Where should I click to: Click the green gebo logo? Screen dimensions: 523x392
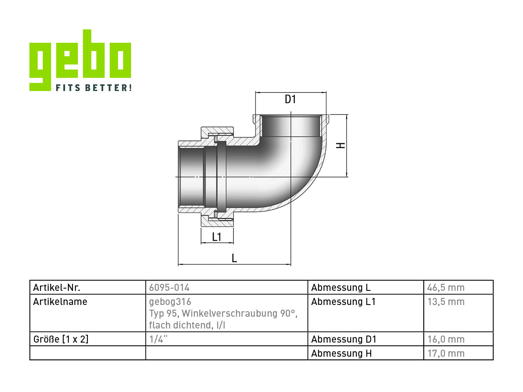(80, 60)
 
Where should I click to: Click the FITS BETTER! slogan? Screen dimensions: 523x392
(94, 87)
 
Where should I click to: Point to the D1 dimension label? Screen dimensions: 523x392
(290, 99)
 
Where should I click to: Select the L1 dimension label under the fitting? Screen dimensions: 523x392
(217, 237)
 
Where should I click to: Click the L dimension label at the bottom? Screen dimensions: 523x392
(235, 258)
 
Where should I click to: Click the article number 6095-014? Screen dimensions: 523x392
(169, 287)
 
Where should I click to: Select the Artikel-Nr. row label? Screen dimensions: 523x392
(57, 287)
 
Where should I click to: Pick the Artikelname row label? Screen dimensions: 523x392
(60, 301)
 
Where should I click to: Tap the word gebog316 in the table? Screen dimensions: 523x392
(170, 302)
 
